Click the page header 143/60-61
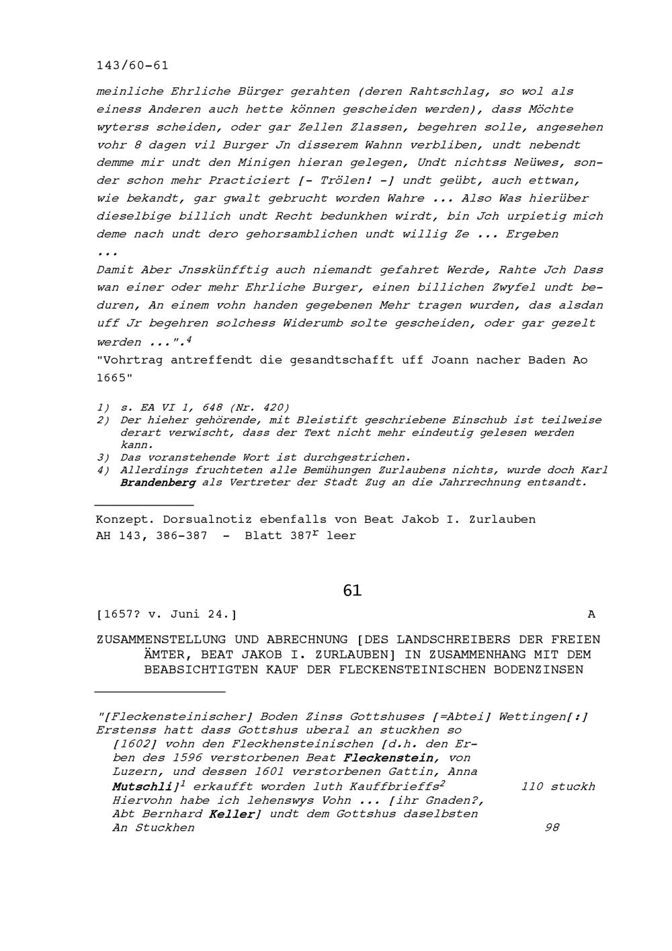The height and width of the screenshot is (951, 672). (132, 66)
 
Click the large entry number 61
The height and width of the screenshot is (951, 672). (352, 591)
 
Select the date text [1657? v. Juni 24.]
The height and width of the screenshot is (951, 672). (167, 614)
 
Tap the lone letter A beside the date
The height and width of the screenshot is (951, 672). (591, 614)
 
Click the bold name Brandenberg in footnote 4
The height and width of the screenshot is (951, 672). (158, 483)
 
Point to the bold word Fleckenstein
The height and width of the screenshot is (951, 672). (389, 758)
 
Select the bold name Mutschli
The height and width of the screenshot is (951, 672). (142, 786)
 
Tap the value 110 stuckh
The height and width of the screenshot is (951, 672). (558, 786)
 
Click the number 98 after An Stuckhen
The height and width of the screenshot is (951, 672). (552, 828)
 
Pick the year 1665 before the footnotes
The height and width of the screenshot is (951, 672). (111, 378)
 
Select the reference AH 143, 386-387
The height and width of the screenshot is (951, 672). (152, 536)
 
